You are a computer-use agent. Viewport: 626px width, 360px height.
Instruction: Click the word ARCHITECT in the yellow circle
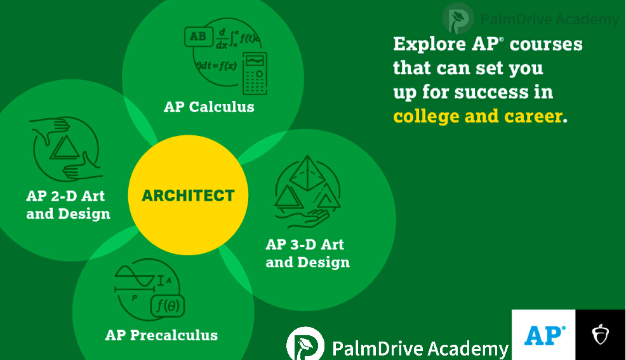click(188, 196)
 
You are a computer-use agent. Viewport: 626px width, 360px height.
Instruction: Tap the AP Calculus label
click(209, 107)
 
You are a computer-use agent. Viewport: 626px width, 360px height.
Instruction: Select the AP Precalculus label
click(161, 335)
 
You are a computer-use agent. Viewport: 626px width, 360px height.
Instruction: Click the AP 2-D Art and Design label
click(68, 204)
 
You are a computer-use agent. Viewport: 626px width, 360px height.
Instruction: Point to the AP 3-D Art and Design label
click(307, 253)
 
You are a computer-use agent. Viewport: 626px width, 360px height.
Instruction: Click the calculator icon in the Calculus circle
click(255, 74)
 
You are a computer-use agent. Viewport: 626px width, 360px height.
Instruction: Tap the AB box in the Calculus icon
click(199, 36)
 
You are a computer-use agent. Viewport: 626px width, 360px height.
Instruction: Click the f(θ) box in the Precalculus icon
click(168, 306)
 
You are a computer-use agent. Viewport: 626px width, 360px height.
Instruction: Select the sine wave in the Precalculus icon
click(135, 276)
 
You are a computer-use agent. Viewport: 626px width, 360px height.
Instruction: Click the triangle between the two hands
click(65, 149)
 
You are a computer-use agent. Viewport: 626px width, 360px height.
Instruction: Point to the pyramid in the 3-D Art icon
click(307, 173)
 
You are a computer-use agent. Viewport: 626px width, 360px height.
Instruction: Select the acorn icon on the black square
click(600, 335)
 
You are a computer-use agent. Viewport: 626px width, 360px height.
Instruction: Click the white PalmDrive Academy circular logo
click(305, 344)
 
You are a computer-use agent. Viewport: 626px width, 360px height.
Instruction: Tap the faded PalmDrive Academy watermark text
click(549, 19)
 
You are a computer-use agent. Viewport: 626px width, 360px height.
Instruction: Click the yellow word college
click(426, 117)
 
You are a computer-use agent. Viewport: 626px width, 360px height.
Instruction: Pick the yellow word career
click(533, 117)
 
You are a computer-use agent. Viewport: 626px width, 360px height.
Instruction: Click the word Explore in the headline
click(429, 44)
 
